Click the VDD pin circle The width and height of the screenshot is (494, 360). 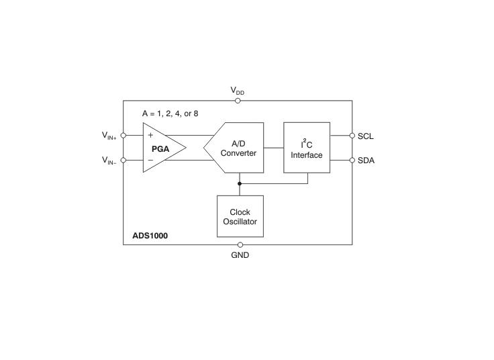tap(238, 101)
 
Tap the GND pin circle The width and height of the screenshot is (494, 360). tap(240, 244)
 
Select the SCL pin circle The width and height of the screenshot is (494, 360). tap(352, 136)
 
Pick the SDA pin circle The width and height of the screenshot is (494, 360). tap(352, 160)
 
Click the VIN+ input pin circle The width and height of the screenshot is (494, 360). tap(123, 135)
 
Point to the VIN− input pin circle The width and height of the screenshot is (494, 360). tap(123, 160)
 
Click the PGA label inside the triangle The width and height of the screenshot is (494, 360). tap(160, 149)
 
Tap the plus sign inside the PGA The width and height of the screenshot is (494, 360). tap(150, 135)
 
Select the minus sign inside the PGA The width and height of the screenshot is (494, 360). tap(150, 160)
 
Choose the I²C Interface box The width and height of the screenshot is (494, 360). tap(307, 148)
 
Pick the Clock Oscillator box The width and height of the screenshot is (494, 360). tap(240, 216)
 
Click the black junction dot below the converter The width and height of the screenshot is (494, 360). tap(240, 183)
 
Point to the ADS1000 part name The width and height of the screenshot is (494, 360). tap(150, 236)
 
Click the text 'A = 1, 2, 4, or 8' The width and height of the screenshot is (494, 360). tap(170, 114)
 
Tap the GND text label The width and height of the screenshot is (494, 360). tap(240, 255)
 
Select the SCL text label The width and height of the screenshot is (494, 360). tap(365, 136)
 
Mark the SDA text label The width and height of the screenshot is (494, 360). tap(366, 161)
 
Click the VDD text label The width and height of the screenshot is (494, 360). tap(237, 91)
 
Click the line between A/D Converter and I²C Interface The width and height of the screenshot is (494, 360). tap(274, 148)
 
